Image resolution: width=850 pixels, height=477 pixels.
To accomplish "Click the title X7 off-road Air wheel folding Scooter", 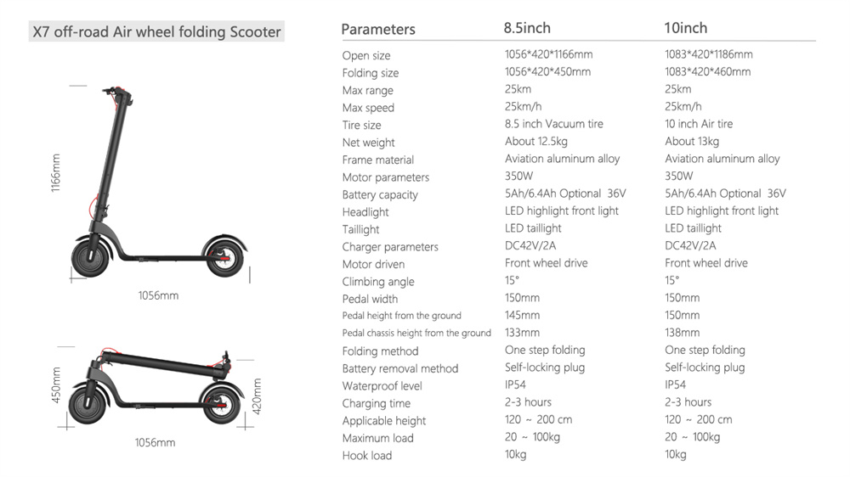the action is [156, 32].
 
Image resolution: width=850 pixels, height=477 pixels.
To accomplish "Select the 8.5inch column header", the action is [527, 28].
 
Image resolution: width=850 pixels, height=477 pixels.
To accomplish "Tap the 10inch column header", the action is [686, 28].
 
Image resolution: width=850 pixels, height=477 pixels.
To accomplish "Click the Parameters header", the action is [378, 29].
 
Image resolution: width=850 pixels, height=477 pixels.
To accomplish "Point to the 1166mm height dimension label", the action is [56, 172].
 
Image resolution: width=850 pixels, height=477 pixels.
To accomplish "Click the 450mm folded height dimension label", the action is [56, 385].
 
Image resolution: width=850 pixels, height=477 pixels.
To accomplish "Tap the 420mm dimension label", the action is [257, 396].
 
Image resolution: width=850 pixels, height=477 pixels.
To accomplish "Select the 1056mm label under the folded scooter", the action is [155, 442].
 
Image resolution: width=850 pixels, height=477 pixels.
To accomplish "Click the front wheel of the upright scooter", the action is [91, 258].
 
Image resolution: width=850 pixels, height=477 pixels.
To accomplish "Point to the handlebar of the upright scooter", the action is [117, 93].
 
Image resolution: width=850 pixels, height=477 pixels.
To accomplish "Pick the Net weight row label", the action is [369, 143].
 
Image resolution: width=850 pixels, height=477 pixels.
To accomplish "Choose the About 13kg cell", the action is [692, 141].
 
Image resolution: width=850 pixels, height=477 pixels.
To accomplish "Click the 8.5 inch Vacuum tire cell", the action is [554, 124].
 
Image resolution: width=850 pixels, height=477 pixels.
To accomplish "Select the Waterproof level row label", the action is [382, 386].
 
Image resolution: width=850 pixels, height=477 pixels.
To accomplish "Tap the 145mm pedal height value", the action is [522, 315].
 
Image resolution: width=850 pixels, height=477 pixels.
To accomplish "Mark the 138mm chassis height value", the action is [682, 333].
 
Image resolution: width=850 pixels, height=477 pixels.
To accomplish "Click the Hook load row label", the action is [367, 455].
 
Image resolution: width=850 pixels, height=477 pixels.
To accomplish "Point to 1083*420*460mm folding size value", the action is [708, 71].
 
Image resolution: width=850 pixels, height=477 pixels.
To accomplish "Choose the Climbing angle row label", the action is [378, 282].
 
